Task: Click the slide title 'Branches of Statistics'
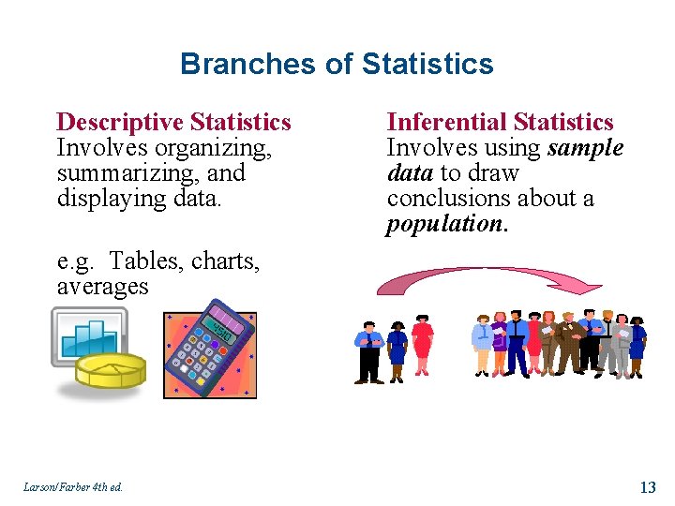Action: [337, 64]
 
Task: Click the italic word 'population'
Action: [444, 224]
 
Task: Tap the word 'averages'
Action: [102, 287]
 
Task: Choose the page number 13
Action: [647, 486]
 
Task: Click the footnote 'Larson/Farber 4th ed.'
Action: [74, 486]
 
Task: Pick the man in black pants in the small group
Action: [369, 351]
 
